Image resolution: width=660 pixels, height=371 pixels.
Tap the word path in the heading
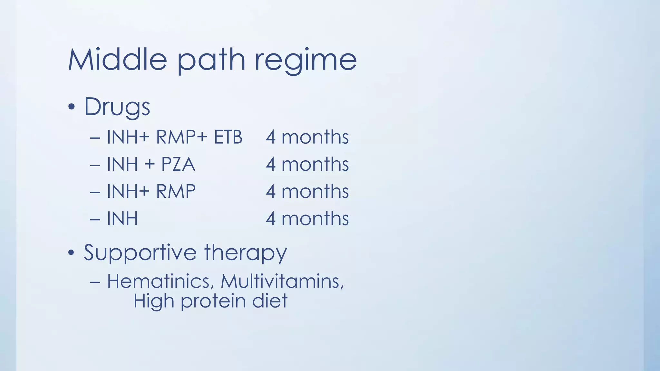click(211, 61)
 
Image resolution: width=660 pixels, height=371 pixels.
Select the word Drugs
click(117, 107)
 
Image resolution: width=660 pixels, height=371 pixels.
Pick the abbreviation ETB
click(228, 137)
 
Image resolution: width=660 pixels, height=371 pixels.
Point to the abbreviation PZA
click(178, 164)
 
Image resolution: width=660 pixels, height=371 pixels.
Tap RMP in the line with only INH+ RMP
click(176, 191)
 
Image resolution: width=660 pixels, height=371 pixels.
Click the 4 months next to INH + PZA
click(307, 164)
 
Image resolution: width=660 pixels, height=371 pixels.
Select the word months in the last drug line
click(315, 219)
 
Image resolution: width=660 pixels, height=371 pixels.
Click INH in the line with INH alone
click(122, 219)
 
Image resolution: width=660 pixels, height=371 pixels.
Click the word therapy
click(245, 253)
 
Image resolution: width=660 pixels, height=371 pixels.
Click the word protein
click(213, 301)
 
